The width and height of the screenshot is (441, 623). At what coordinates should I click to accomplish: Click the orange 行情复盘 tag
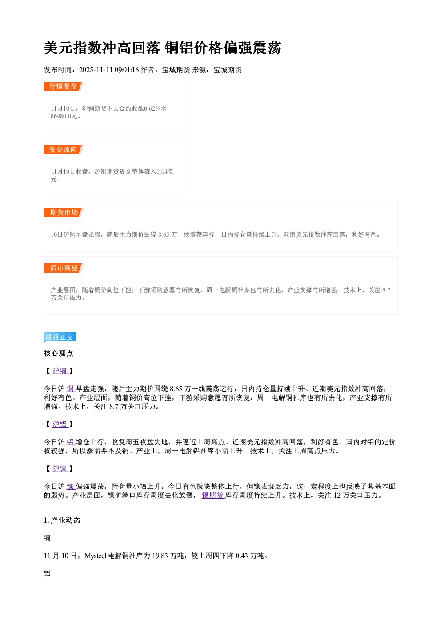tap(64, 86)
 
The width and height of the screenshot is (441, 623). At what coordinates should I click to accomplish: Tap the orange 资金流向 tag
tap(64, 149)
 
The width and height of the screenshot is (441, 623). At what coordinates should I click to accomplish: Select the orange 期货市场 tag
tap(64, 213)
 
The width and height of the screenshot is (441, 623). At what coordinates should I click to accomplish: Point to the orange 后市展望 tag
tap(64, 268)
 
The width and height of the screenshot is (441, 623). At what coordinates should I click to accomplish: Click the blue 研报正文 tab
tap(60, 337)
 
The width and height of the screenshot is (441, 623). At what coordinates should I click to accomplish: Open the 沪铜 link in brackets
tap(60, 371)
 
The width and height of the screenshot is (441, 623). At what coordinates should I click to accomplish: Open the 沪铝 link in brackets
tap(60, 424)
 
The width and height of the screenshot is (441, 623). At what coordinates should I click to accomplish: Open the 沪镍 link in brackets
tap(60, 468)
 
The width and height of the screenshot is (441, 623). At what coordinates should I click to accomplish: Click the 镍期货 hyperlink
tap(212, 496)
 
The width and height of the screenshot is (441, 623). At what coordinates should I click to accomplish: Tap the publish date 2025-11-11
tap(96, 70)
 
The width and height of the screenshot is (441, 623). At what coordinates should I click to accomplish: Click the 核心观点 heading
tap(59, 353)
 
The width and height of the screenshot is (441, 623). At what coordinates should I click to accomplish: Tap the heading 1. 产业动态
tap(62, 520)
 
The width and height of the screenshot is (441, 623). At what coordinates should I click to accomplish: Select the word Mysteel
tap(95, 556)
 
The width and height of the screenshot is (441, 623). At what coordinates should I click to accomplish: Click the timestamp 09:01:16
tap(126, 70)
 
